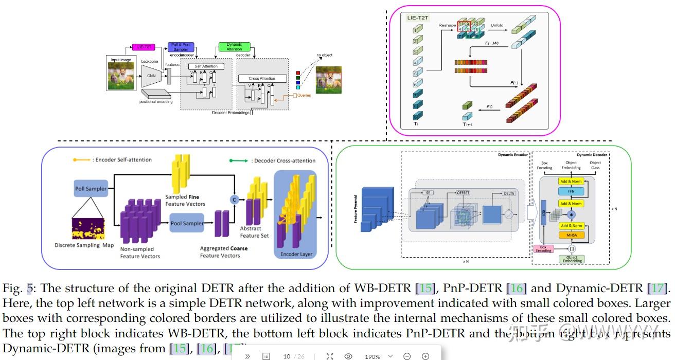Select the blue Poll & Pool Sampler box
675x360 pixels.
pos(181,47)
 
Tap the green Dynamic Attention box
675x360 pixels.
pos(234,47)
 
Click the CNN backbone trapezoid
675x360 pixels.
pos(151,76)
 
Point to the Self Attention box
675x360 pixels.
pos(206,66)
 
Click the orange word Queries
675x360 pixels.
pos(304,95)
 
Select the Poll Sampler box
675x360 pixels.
pos(91,189)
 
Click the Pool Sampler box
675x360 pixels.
pos(187,223)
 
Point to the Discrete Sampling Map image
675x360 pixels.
pos(88,229)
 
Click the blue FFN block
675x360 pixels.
pos(571,191)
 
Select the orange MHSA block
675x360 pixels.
pos(571,235)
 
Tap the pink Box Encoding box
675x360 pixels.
pos(543,248)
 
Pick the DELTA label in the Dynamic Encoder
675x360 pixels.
pos(508,193)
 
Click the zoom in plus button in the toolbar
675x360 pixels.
pos(425,356)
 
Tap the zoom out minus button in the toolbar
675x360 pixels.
pos(407,356)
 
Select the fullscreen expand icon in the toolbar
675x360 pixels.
pos(330,356)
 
